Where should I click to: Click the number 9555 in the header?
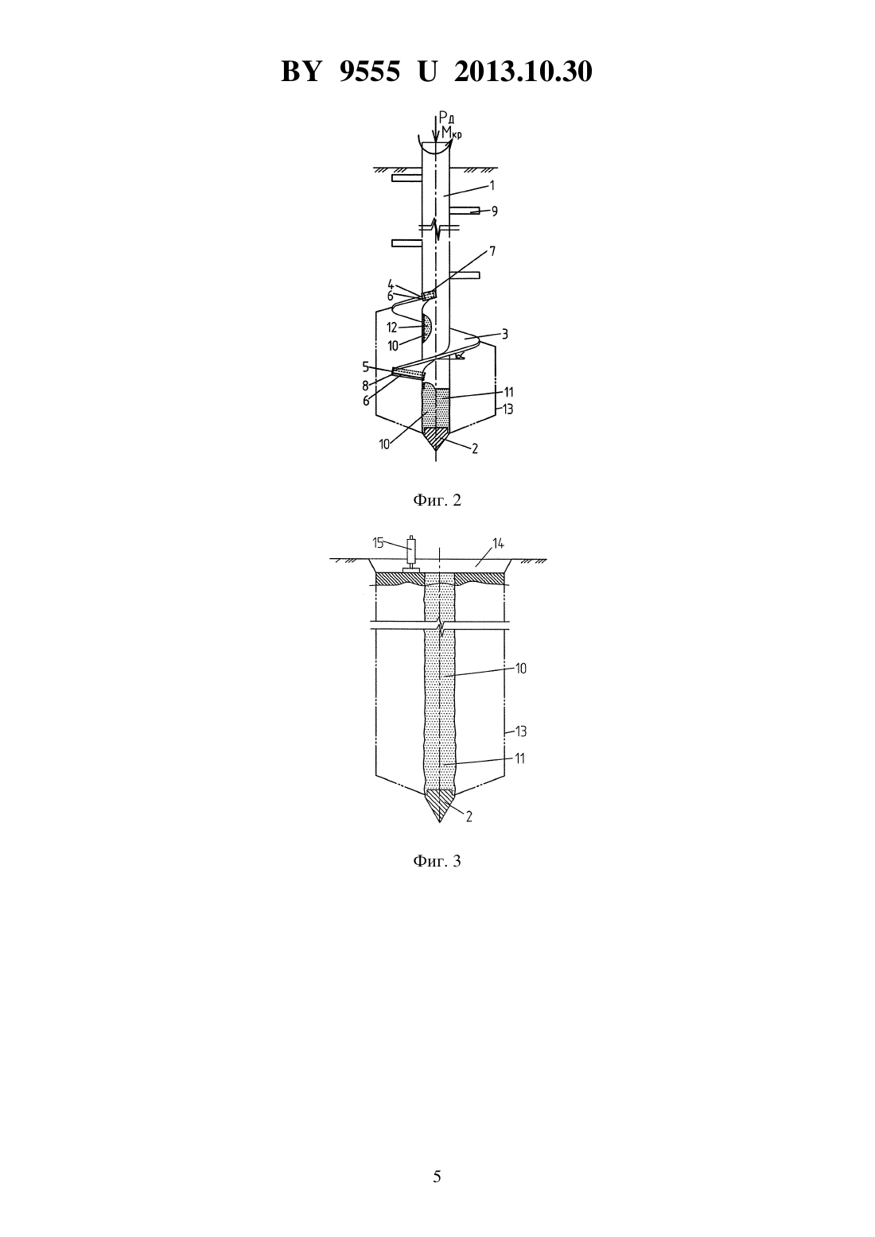(x=369, y=72)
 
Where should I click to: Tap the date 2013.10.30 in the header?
(x=523, y=72)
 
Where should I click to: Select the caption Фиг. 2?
(x=437, y=500)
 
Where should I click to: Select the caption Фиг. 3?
(x=437, y=861)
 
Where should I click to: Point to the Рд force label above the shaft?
(x=446, y=118)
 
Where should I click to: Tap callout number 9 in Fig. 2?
(x=495, y=211)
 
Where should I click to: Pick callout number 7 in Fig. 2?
(x=492, y=252)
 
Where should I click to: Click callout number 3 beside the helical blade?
(x=504, y=334)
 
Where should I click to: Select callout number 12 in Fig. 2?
(x=391, y=328)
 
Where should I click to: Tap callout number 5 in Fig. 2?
(x=365, y=366)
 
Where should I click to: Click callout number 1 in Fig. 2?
(x=492, y=185)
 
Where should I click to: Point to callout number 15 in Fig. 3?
(x=379, y=543)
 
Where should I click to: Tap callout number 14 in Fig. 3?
(x=498, y=544)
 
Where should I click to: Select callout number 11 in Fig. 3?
(x=519, y=758)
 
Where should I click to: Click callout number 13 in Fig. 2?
(x=507, y=409)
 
